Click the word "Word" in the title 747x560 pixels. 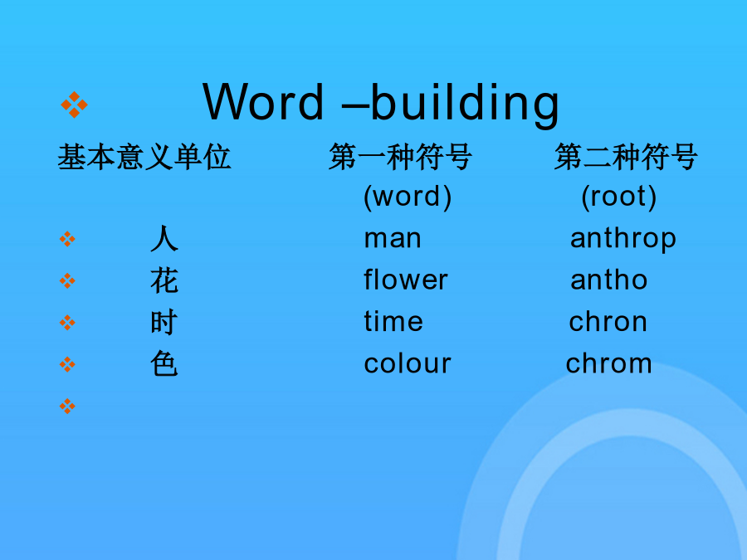coord(263,101)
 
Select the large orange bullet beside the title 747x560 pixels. coord(74,105)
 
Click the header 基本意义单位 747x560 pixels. coord(144,157)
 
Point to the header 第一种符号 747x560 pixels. coord(400,157)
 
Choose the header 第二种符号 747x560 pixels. coord(626,157)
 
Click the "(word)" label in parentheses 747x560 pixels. coord(408,197)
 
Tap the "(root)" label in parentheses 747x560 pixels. coord(619,197)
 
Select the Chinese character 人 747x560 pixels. coord(164,239)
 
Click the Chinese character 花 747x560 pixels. coord(164,280)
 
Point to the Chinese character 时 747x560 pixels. coord(164,323)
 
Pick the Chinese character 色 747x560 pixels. coord(164,364)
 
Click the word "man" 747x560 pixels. coord(393,239)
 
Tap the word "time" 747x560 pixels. coord(393,321)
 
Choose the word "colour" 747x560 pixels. coord(408,364)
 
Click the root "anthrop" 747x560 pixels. coord(623,239)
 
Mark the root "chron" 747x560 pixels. coord(608,321)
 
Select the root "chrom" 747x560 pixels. coord(608,363)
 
